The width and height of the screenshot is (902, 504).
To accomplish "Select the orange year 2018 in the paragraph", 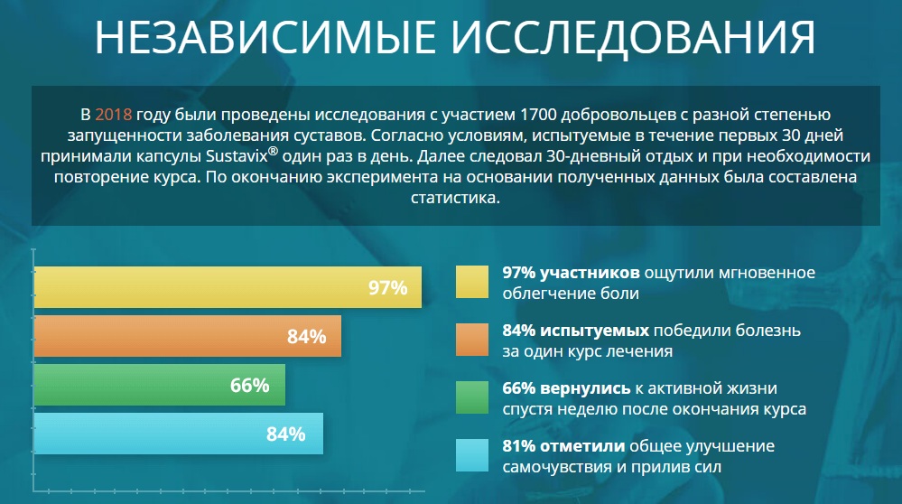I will point(114,115).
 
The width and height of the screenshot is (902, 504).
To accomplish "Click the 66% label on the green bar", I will point(250,386).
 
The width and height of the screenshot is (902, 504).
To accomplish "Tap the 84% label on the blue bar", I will point(286,434).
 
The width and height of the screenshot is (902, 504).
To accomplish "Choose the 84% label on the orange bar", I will point(306,338).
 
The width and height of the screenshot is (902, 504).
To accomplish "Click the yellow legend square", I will point(471,281).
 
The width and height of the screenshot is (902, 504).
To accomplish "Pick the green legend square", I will point(471,397).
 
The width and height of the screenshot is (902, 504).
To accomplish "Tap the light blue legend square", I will point(471,455).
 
